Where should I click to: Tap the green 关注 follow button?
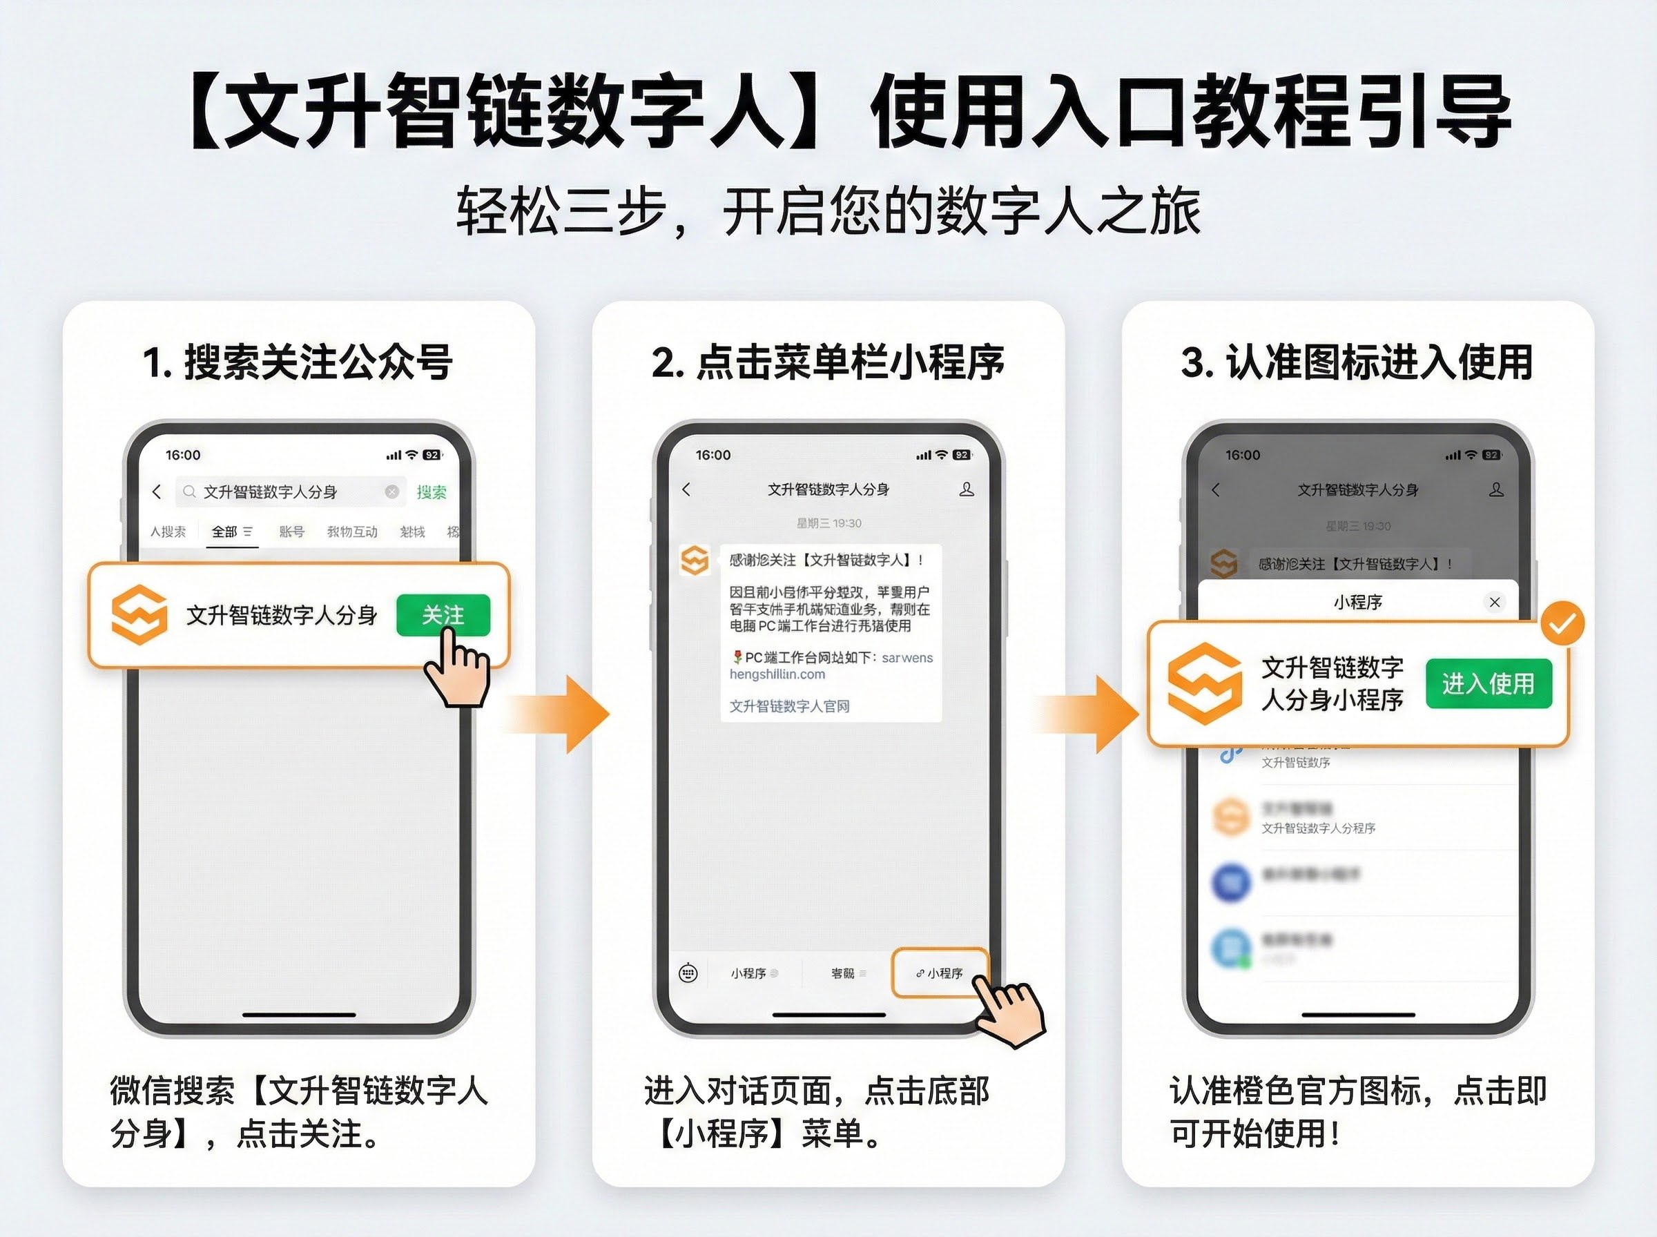click(443, 616)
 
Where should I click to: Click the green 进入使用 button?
click(1488, 683)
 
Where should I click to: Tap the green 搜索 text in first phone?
click(432, 492)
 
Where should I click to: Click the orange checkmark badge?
click(1562, 624)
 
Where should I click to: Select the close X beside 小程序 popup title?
click(1495, 602)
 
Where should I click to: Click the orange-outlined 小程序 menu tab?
click(940, 973)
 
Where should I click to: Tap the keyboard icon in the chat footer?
click(688, 973)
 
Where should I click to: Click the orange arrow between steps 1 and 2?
click(561, 714)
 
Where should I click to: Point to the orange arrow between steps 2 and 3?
click(1092, 714)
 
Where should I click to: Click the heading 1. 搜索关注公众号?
click(298, 362)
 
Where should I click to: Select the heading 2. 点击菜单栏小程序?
click(827, 362)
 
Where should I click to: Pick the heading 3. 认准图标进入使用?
click(1357, 362)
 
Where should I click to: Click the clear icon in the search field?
click(391, 492)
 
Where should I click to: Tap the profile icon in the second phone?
click(967, 489)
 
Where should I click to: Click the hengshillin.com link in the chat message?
click(777, 674)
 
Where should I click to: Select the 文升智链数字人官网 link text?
click(789, 706)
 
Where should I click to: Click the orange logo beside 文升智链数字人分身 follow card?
click(139, 616)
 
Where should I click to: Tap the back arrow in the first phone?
click(157, 492)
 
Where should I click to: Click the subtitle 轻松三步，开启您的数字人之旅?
click(828, 211)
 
